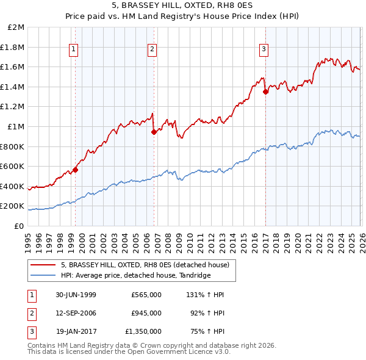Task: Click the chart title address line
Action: tap(183, 7)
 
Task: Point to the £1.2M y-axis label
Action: tap(13, 107)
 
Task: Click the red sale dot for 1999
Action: tap(76, 170)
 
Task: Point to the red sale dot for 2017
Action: tap(265, 92)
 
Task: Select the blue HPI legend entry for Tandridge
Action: tap(135, 275)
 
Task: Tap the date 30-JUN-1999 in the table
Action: tap(76, 295)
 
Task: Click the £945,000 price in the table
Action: tap(146, 313)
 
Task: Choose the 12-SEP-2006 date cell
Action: tap(76, 313)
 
